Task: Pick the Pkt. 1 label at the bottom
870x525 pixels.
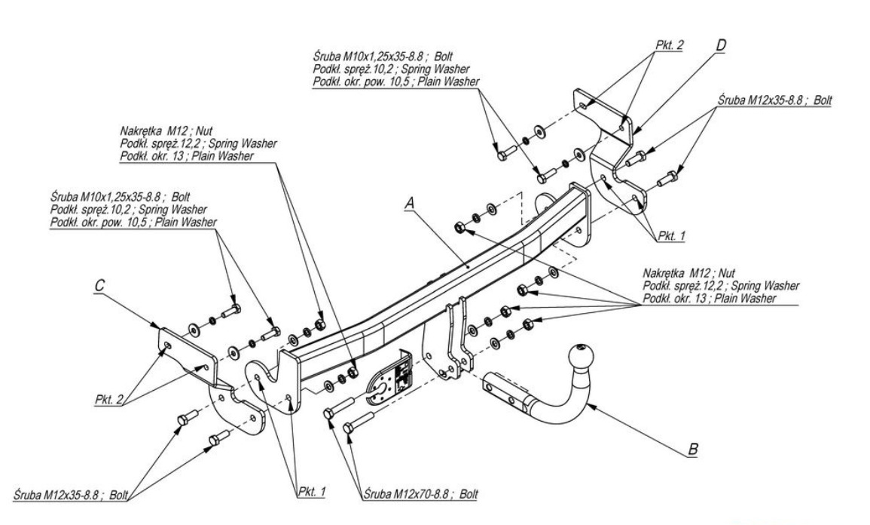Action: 310,490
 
